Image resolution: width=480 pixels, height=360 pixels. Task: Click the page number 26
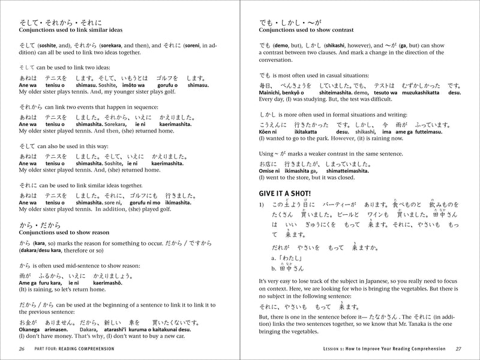coord(22,349)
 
